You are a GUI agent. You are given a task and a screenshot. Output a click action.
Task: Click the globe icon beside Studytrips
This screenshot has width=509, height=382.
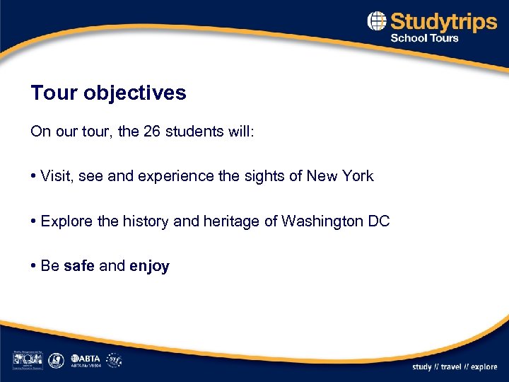tap(377, 22)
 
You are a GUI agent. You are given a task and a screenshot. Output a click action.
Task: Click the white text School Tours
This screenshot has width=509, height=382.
tap(425, 38)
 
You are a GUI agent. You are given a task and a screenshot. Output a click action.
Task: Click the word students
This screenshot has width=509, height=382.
tap(194, 132)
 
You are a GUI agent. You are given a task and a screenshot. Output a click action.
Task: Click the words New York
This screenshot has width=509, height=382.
tap(340, 176)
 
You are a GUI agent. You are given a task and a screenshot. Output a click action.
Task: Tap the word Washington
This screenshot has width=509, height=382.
tap(322, 221)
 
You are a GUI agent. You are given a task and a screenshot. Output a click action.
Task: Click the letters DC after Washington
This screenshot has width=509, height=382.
tap(379, 221)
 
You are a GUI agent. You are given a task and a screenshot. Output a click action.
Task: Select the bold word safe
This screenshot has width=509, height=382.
tap(79, 266)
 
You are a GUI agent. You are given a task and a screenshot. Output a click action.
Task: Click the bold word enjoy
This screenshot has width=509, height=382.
tap(149, 266)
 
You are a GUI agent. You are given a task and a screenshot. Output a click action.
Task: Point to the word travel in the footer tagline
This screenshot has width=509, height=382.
tap(451, 366)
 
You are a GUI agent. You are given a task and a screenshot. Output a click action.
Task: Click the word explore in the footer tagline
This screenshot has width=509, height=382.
tap(484, 366)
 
